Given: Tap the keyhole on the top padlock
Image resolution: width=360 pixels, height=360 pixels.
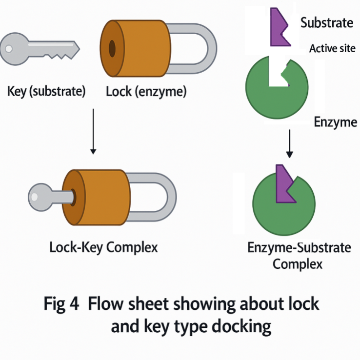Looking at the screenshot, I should [x=112, y=48].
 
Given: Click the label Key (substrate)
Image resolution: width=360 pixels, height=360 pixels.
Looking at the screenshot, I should [x=47, y=91].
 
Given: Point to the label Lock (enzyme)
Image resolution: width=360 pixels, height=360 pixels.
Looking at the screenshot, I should [x=146, y=91].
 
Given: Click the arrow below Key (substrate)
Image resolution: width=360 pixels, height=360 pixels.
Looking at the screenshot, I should [x=92, y=129].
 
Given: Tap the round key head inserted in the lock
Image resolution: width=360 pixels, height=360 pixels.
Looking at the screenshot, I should [x=39, y=197].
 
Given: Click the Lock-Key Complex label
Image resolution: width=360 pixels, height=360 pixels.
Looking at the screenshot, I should [x=103, y=247].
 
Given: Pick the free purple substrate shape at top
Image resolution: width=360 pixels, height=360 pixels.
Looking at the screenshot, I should [x=279, y=27].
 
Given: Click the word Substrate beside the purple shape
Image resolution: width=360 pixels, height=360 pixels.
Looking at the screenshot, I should [x=326, y=22].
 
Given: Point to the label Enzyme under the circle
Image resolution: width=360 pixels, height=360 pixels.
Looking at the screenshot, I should [x=335, y=122].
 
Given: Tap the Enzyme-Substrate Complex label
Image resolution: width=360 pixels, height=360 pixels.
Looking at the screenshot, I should [x=299, y=256].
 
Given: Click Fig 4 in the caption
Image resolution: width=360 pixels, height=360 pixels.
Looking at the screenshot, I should [x=61, y=304].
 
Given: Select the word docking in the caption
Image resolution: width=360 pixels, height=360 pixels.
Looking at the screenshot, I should [x=239, y=326].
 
